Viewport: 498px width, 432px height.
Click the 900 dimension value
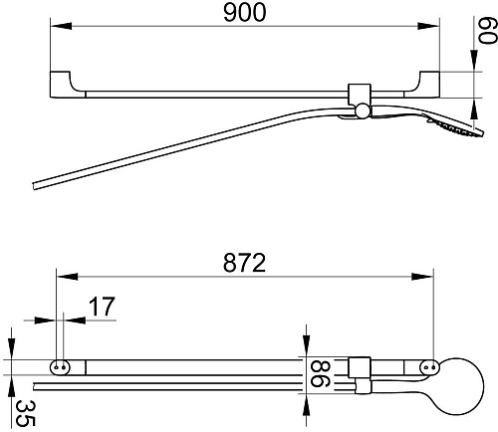click(245, 13)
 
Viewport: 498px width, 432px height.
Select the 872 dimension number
click(244, 263)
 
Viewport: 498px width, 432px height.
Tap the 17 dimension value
click(102, 307)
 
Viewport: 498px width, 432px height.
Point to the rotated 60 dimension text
click(487, 30)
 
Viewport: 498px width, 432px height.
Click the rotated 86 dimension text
click(320, 374)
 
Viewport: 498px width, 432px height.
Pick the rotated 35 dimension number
click(25, 413)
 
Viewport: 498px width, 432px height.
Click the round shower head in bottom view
click(460, 386)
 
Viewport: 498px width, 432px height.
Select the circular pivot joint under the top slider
click(362, 110)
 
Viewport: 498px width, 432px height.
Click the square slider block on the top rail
click(360, 94)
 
